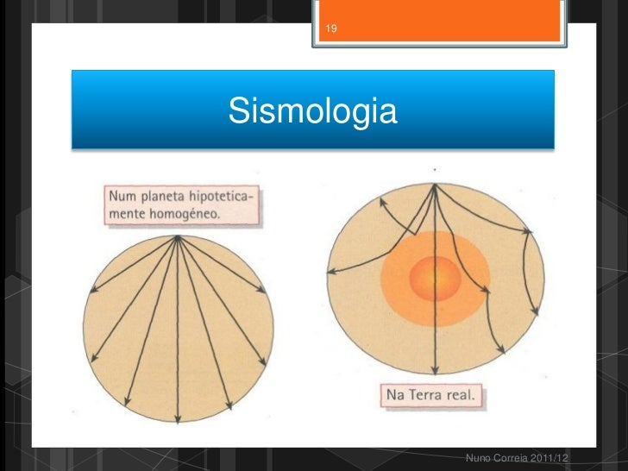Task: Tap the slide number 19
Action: click(331, 31)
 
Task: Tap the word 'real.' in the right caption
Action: click(463, 398)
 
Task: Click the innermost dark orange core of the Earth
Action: click(436, 279)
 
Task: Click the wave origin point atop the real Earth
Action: click(436, 184)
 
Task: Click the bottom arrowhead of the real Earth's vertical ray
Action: click(436, 374)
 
